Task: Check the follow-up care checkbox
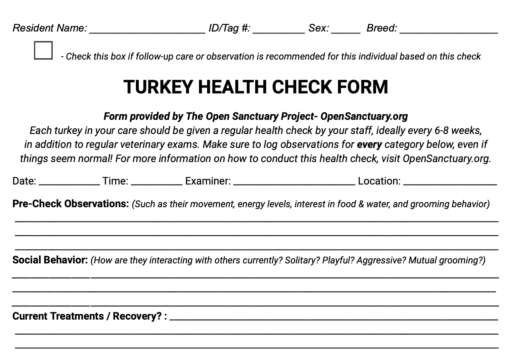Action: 43,51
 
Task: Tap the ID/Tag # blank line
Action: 278,30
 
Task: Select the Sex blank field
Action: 345,30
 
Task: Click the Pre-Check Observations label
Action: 70,204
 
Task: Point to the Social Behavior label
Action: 49,260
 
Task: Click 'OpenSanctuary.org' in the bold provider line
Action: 364,116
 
